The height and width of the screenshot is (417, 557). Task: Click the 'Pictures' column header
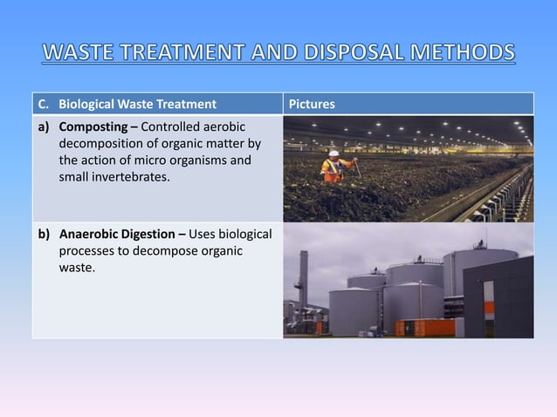tap(312, 106)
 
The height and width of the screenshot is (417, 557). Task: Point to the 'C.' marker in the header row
tap(43, 106)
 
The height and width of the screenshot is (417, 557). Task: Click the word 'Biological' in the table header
tap(87, 106)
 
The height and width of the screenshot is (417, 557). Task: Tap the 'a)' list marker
tap(44, 127)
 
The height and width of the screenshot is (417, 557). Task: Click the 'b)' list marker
tap(44, 236)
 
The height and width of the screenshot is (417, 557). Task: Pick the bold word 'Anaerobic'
tap(89, 236)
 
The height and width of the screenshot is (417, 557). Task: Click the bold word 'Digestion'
tap(150, 236)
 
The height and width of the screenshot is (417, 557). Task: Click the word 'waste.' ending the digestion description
tap(77, 268)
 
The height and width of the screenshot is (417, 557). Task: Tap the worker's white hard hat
tap(334, 154)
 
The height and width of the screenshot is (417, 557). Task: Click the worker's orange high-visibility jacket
tap(334, 167)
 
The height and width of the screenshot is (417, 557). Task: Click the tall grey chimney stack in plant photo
tap(302, 280)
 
